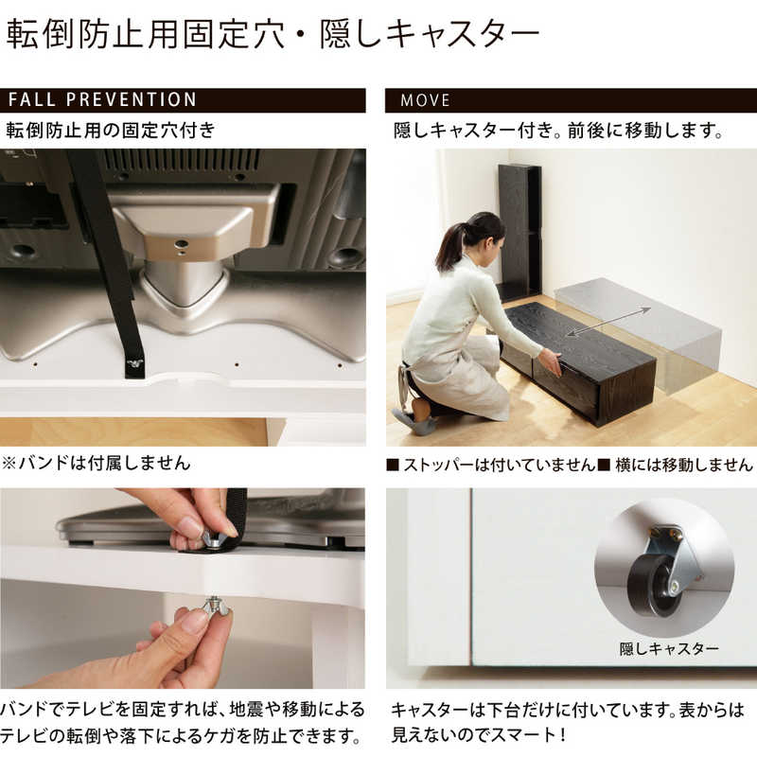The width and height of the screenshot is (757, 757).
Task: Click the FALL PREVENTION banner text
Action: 102,100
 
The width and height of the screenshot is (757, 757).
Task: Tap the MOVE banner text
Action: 425,100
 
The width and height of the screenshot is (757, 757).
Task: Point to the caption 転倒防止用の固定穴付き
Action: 111,131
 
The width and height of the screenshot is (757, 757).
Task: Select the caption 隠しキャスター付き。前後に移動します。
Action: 558,131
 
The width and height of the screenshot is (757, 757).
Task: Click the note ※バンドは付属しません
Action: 98,463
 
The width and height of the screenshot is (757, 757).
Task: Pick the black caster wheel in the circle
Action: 654,584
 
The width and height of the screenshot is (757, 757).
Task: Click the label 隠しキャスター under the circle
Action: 669,649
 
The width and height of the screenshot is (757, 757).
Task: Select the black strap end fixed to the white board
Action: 134,364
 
